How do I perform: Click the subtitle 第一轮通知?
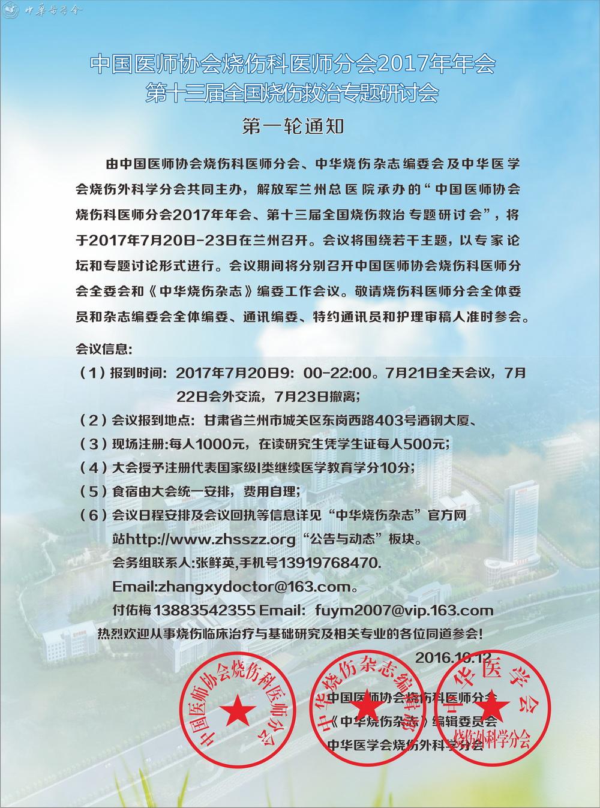coord(292,127)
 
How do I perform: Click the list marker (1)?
coord(92,373)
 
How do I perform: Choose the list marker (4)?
coord(92,467)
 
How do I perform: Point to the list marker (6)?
coord(92,515)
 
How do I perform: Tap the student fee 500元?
coord(425,444)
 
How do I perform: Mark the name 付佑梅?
coord(131,610)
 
